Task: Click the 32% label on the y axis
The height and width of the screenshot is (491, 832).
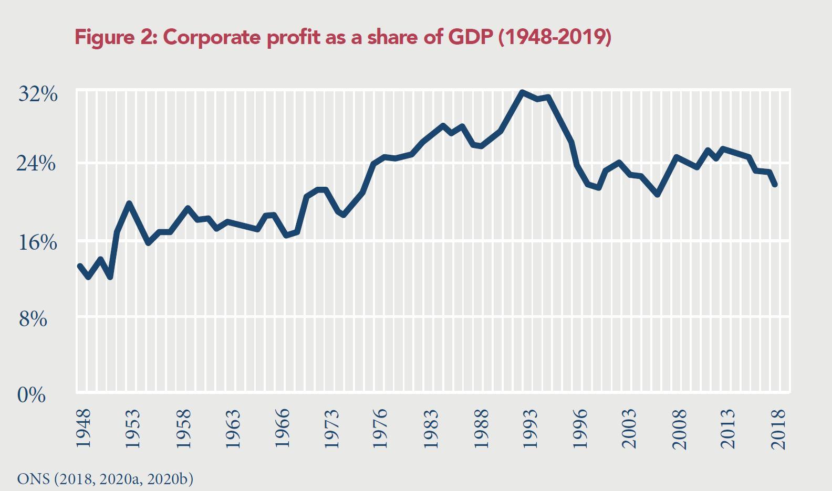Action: [38, 94]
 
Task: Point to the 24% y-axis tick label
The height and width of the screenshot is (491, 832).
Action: [36, 164]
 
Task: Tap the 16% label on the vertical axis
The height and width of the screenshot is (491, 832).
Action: [38, 242]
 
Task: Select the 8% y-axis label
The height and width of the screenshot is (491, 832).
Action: [33, 318]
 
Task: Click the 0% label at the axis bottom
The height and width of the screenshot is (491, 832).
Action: [32, 394]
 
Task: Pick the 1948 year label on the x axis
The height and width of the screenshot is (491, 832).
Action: [83, 429]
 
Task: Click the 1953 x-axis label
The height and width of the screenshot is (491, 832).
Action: [132, 429]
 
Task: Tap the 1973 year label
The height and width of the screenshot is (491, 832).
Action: [331, 429]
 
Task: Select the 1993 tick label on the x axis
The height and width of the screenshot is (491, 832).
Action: [531, 429]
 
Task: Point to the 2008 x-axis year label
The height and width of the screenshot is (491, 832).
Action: [679, 429]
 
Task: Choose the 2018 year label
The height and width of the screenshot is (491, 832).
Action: [778, 429]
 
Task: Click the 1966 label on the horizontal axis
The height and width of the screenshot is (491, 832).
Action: [282, 429]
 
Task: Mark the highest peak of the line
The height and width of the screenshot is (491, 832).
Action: [522, 92]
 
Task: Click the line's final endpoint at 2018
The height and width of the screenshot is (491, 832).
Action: [775, 185]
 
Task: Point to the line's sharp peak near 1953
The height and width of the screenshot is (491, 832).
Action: [129, 203]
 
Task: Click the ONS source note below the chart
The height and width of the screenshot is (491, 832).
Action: [105, 479]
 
